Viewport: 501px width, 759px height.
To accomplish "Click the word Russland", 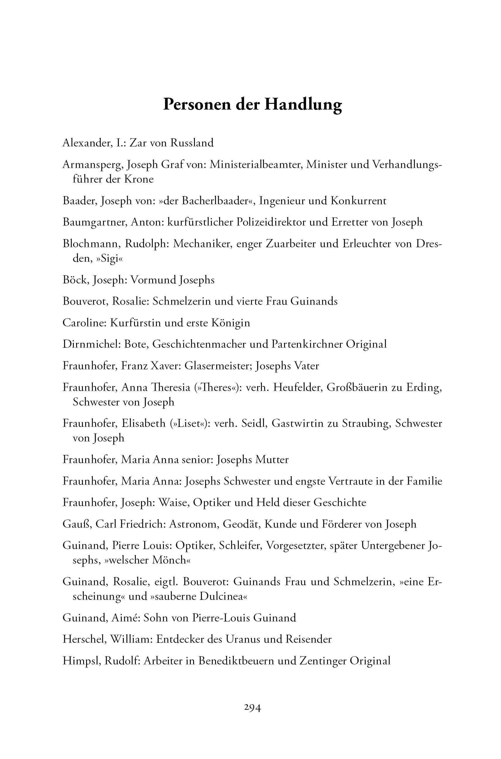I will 192,143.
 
